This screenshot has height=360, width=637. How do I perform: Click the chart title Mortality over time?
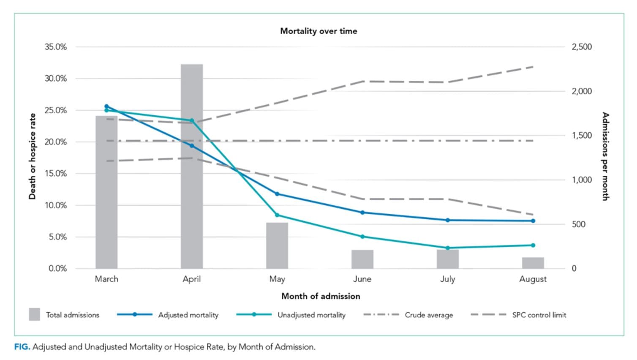pyautogui.click(x=318, y=31)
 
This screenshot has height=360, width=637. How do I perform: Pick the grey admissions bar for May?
pyautogui.click(x=277, y=247)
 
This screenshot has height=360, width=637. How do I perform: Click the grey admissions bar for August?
pyautogui.click(x=533, y=263)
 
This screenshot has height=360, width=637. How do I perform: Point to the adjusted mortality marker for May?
pyautogui.click(x=277, y=194)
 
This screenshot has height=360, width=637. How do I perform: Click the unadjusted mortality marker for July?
pyautogui.click(x=448, y=248)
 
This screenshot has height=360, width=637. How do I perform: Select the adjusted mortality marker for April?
pyautogui.click(x=192, y=146)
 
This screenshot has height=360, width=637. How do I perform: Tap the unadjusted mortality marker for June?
pyautogui.click(x=362, y=237)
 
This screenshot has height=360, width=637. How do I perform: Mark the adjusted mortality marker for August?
pyautogui.click(x=533, y=221)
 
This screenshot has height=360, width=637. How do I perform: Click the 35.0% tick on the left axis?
pyautogui.click(x=56, y=47)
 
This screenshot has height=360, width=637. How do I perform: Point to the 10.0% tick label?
pyautogui.click(x=56, y=205)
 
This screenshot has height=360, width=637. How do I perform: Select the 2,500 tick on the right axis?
pyautogui.click(x=582, y=47)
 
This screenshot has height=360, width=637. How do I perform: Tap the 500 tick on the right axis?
pyautogui.click(x=579, y=224)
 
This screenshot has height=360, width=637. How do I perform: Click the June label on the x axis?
pyautogui.click(x=362, y=279)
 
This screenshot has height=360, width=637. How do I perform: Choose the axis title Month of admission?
pyautogui.click(x=321, y=296)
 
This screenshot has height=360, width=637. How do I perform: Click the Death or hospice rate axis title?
pyautogui.click(x=33, y=156)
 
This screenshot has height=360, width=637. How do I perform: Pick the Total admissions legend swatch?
pyautogui.click(x=34, y=314)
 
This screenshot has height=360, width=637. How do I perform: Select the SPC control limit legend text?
pyautogui.click(x=539, y=315)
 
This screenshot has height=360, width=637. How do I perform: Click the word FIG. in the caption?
pyautogui.click(x=22, y=347)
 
